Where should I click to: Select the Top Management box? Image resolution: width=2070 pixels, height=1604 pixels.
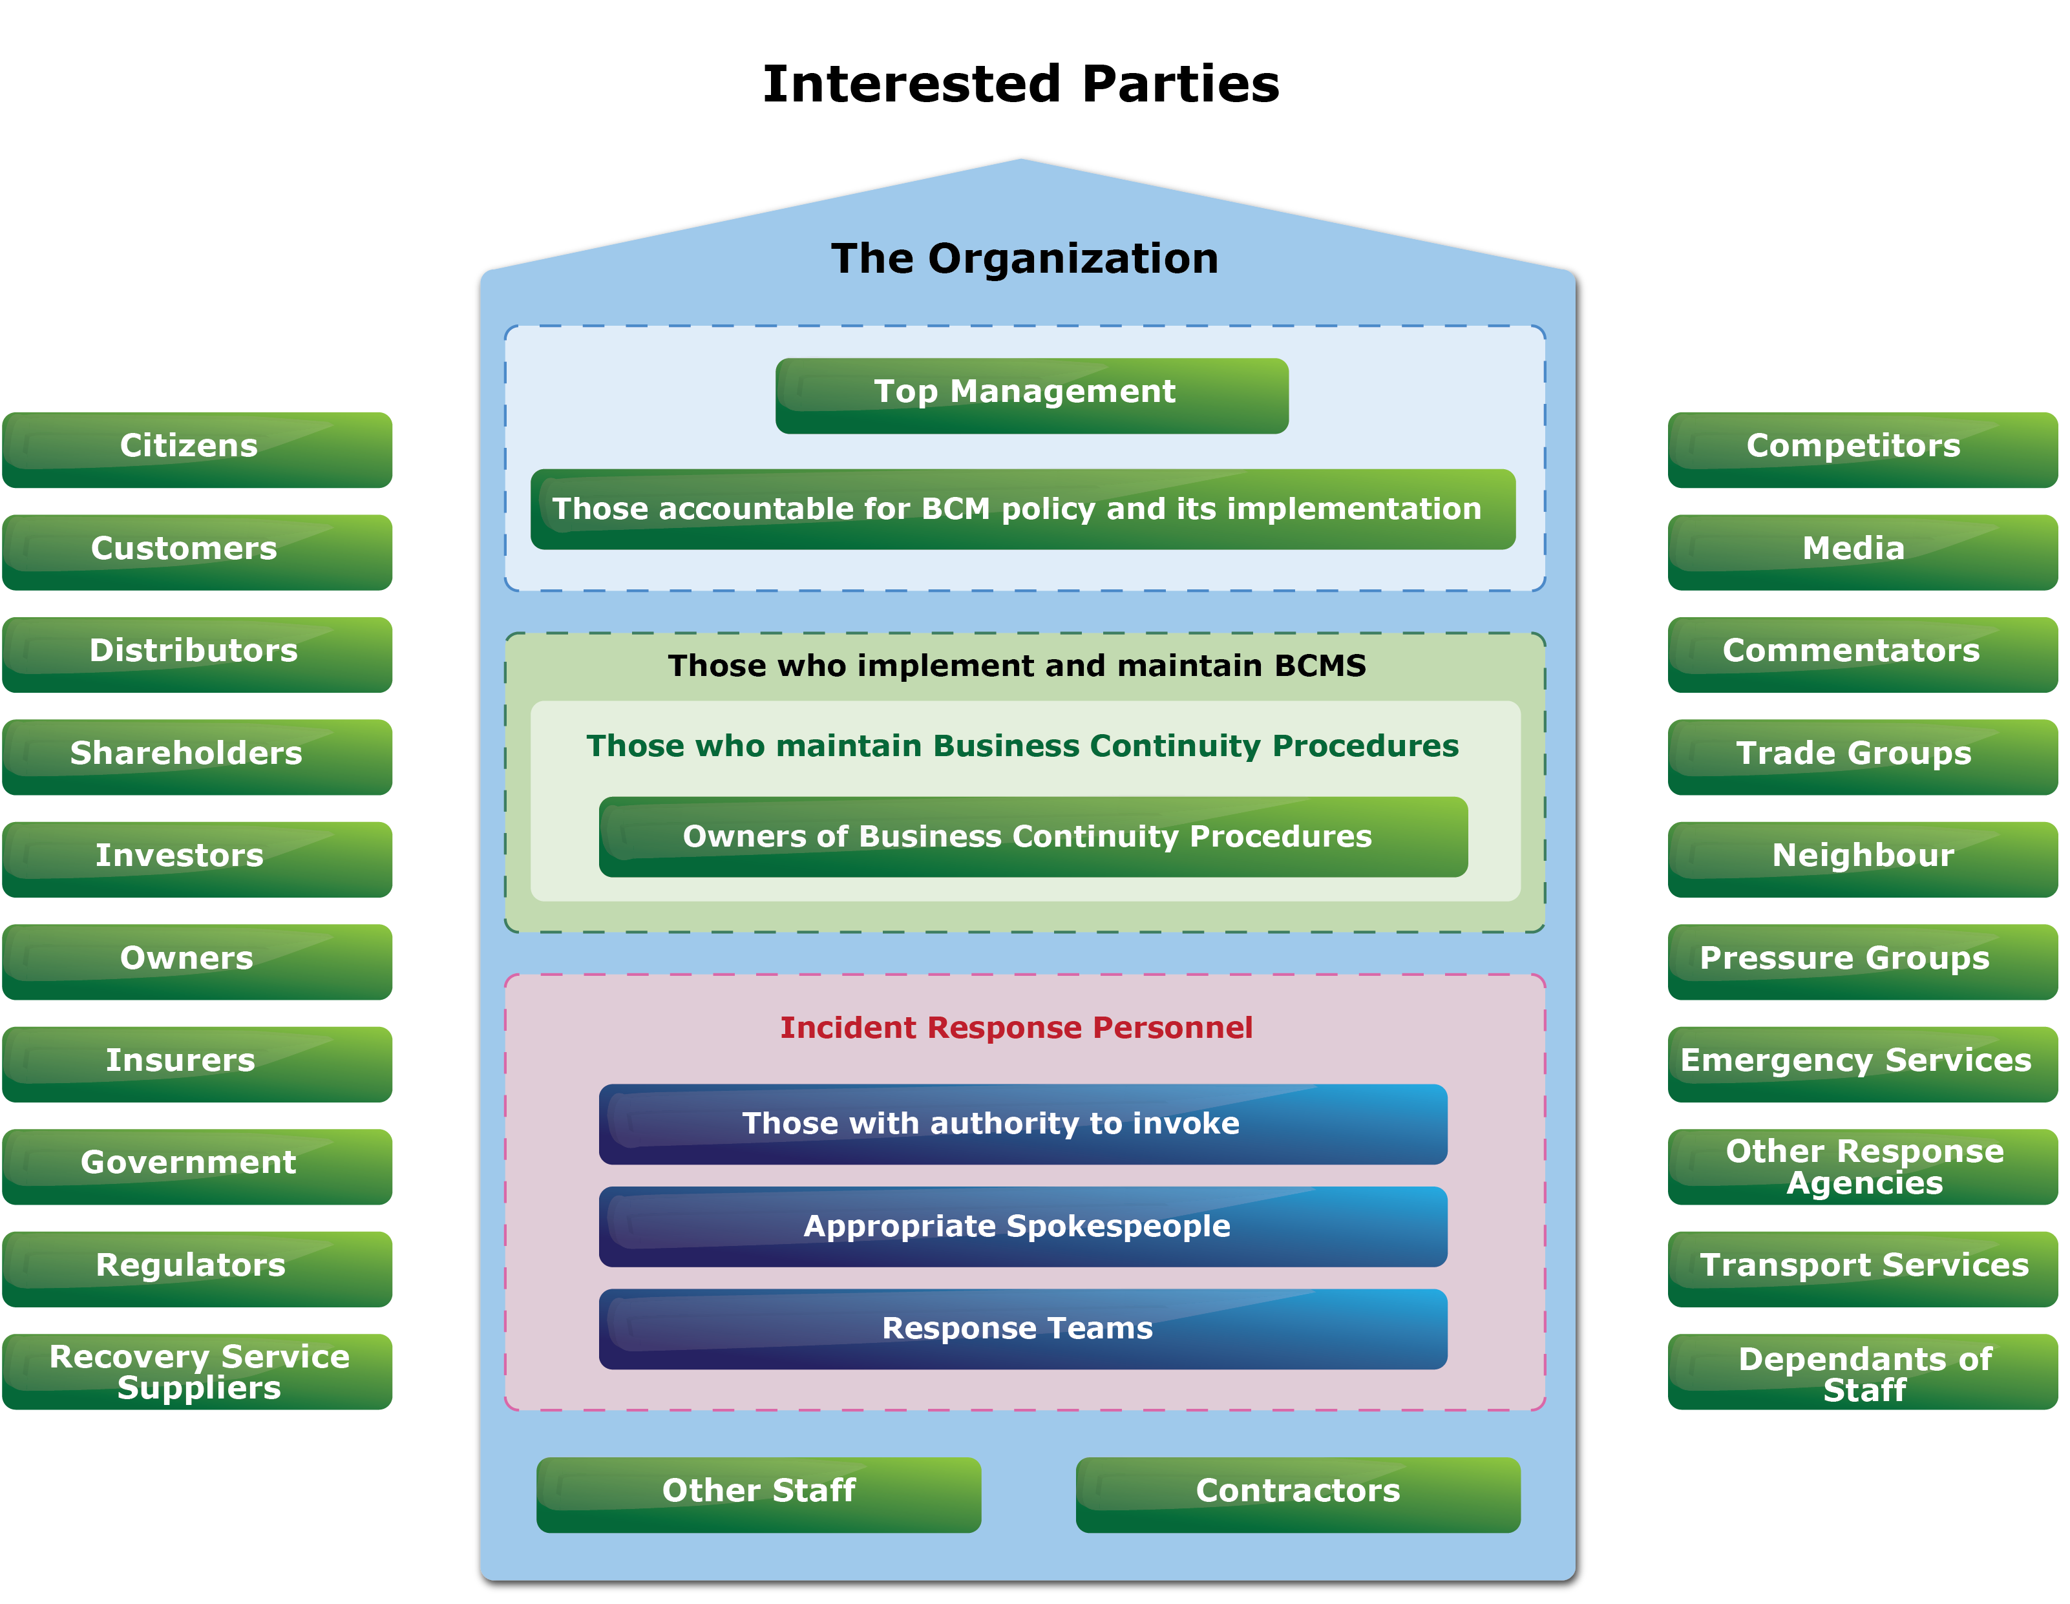click(1031, 396)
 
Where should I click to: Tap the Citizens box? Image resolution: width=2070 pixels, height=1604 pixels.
click(197, 449)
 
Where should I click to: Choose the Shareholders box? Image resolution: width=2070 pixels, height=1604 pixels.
click(197, 757)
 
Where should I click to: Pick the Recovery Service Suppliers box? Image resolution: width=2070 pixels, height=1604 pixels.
click(197, 1371)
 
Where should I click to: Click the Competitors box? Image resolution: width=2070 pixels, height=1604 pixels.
click(1861, 449)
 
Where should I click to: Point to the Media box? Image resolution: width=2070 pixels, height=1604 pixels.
click(1861, 552)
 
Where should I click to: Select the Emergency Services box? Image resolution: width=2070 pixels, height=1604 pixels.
click(1861, 1064)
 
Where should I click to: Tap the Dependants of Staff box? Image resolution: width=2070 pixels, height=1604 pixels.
click(1861, 1371)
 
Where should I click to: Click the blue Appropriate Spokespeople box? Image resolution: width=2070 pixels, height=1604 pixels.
click(1022, 1226)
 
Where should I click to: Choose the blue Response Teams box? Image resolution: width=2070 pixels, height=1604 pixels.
click(1022, 1328)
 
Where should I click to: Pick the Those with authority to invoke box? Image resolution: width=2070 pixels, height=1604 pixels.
click(1022, 1123)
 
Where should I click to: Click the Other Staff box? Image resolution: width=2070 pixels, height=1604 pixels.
click(758, 1494)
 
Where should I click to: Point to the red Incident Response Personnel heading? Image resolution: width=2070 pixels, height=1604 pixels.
click(1015, 1028)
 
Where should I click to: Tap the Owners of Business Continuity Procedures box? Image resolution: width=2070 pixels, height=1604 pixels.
click(1032, 836)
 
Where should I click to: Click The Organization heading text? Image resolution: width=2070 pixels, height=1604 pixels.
click(1024, 258)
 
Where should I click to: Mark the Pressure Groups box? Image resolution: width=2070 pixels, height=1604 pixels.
click(1861, 961)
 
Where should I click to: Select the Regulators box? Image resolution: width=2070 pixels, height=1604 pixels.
click(197, 1269)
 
